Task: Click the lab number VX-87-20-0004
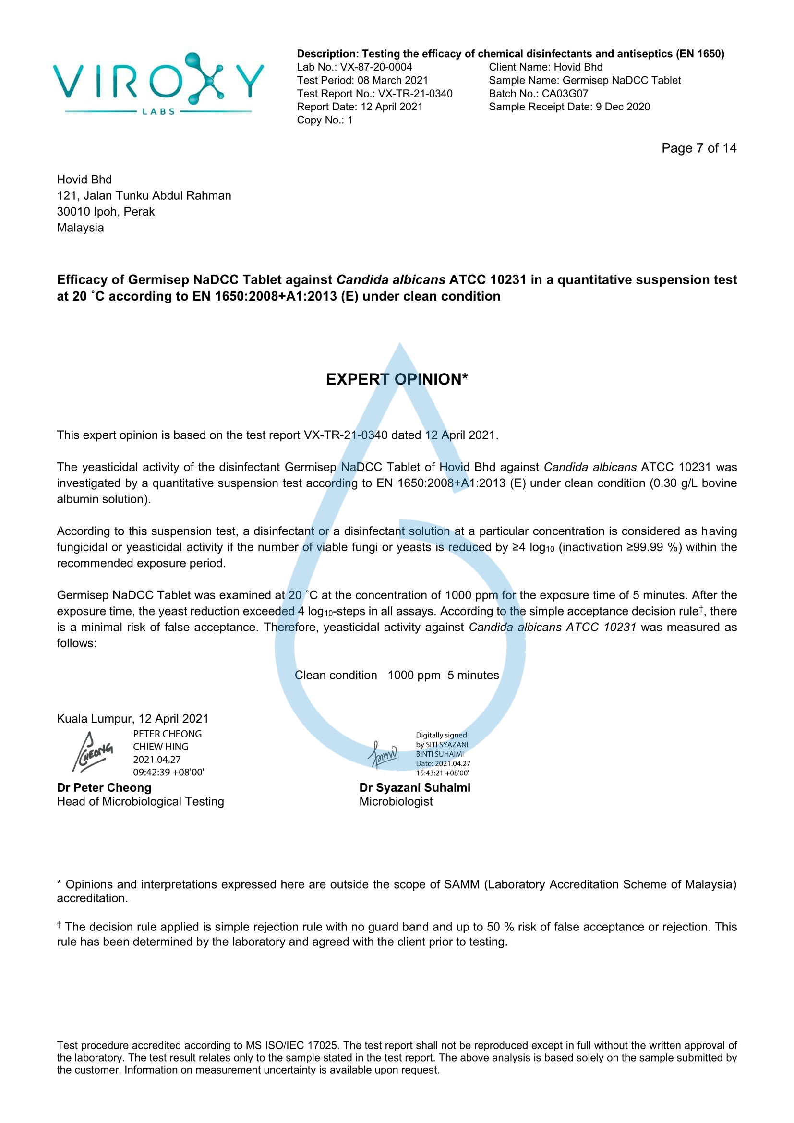(376, 67)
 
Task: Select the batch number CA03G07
(565, 94)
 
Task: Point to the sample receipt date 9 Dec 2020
(623, 107)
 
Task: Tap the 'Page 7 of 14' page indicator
(698, 148)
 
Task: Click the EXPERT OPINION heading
(397, 379)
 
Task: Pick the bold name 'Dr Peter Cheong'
(104, 787)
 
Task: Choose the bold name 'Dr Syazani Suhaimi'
(415, 787)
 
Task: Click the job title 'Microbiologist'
(396, 801)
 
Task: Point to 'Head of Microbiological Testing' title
(140, 801)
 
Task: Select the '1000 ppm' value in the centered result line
(414, 675)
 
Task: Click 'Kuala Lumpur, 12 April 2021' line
(132, 719)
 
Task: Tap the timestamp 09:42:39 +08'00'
(168, 773)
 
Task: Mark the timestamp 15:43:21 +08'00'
(443, 773)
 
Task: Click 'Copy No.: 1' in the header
(325, 120)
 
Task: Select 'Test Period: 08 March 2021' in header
(362, 80)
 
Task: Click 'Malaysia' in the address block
(80, 228)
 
